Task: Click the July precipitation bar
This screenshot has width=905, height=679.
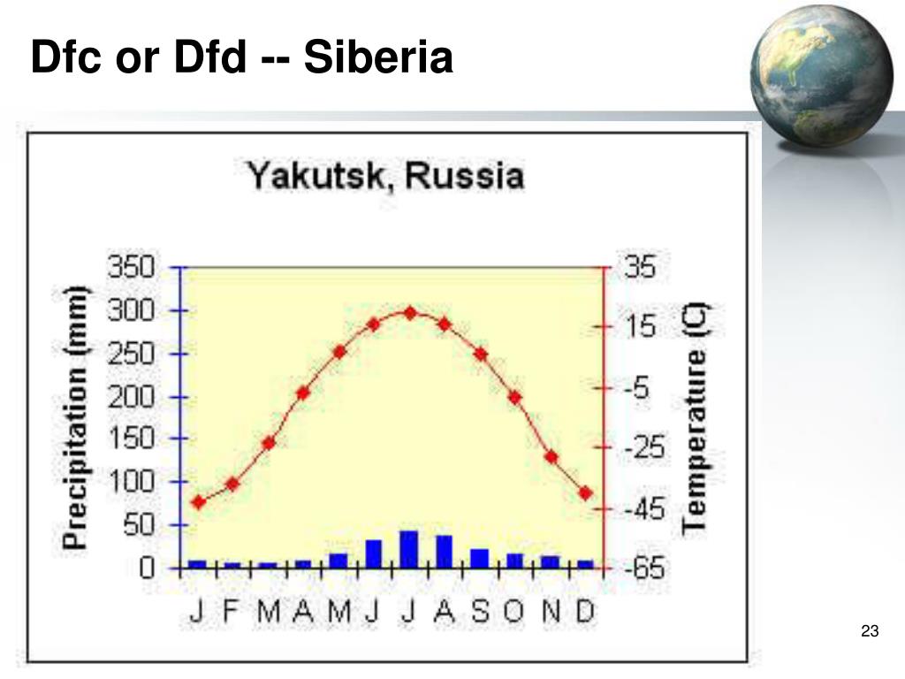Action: [408, 549]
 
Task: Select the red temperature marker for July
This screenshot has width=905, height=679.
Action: [409, 312]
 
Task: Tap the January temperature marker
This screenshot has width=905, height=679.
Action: [199, 502]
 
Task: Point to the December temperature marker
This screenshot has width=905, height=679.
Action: [585, 492]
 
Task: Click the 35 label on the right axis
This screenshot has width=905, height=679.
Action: [642, 267]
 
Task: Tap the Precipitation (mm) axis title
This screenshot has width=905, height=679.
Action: [78, 417]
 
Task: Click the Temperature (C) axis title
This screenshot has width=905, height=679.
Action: [696, 417]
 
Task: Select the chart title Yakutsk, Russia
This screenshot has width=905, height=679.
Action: [384, 175]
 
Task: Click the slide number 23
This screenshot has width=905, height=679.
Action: [870, 631]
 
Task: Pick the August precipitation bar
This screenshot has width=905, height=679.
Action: [444, 552]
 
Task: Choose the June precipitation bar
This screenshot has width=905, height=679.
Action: [373, 553]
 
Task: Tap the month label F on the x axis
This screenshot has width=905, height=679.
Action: [232, 612]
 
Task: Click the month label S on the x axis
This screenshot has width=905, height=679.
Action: [480, 612]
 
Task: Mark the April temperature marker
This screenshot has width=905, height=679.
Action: [303, 393]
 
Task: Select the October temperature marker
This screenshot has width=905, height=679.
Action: [514, 397]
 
